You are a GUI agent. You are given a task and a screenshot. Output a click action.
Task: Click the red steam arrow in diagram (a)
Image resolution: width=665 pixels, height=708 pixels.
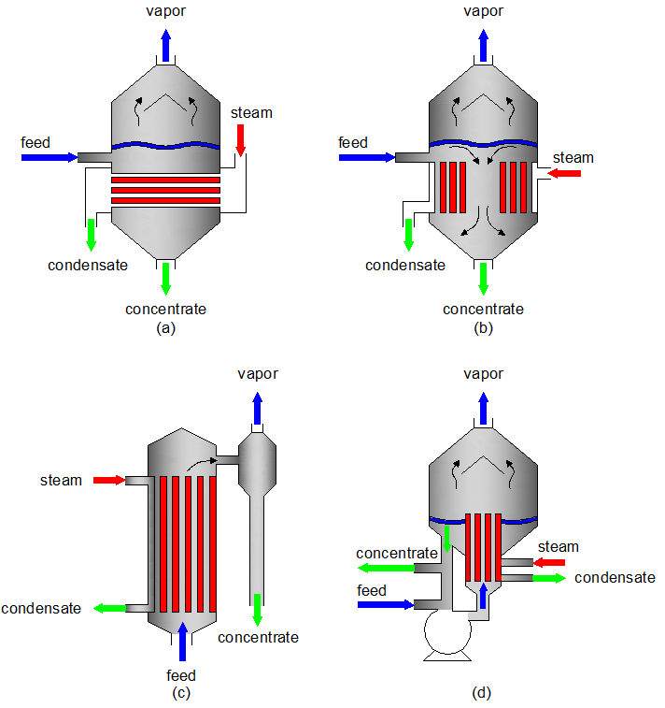pos(240,138)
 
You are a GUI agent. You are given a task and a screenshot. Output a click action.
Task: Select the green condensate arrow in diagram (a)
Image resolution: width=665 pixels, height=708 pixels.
pos(92,234)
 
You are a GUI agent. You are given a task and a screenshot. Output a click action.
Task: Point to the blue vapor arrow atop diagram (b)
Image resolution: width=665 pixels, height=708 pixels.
pos(484,43)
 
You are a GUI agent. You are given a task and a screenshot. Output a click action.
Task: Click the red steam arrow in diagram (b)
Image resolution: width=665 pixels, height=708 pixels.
pos(564,173)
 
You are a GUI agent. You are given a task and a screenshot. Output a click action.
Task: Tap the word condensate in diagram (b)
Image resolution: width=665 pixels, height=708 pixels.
pos(405,265)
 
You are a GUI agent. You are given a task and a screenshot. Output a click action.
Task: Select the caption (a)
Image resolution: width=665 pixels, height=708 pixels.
pos(166,327)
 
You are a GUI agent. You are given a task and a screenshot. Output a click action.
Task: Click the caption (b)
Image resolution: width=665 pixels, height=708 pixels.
pos(483,327)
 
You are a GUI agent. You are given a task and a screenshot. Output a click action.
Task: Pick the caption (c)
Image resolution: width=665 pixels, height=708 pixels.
pos(181,693)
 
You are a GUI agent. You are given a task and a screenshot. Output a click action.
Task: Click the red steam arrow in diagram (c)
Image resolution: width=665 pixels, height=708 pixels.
pos(108,481)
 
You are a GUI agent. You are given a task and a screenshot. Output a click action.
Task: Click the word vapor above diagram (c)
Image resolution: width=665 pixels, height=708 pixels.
pos(257,374)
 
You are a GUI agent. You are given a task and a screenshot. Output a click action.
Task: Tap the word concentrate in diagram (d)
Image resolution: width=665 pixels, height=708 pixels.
pos(396,554)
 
